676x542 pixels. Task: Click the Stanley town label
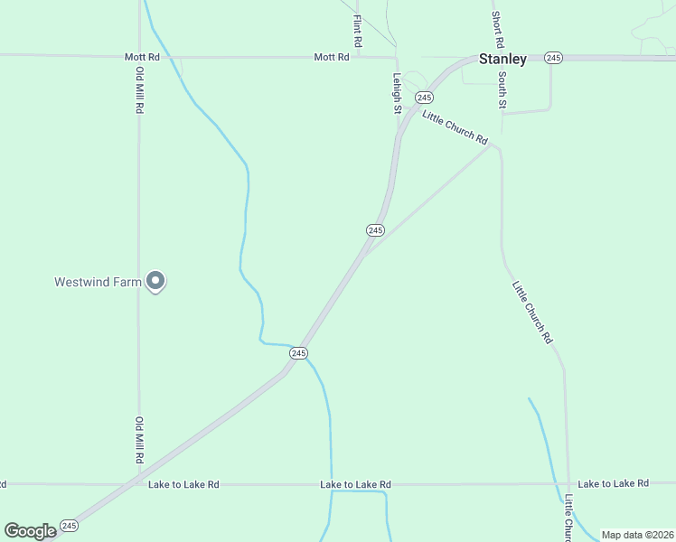pos(502,59)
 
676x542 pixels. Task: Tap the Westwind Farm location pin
pos(155,282)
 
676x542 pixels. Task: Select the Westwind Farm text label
pos(98,282)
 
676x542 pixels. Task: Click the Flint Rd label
pos(358,31)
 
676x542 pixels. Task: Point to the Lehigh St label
pos(397,93)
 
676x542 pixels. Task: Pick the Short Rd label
pos(497,30)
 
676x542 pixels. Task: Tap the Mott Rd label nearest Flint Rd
pos(331,57)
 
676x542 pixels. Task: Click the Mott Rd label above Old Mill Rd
pos(142,57)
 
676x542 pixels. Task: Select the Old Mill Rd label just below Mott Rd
pos(140,90)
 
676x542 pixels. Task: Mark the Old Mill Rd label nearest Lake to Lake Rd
pos(140,440)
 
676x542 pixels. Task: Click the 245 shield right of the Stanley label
pos(554,58)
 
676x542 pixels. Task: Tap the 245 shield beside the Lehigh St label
pos(424,97)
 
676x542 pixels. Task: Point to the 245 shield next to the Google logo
pos(70,525)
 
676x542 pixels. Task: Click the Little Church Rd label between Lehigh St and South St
pos(455,128)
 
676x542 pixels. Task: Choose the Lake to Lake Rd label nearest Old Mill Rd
pos(183,484)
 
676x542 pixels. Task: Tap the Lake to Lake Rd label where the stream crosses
pos(355,485)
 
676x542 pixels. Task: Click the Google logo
pos(30,530)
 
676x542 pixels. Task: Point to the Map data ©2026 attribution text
pos(636,535)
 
